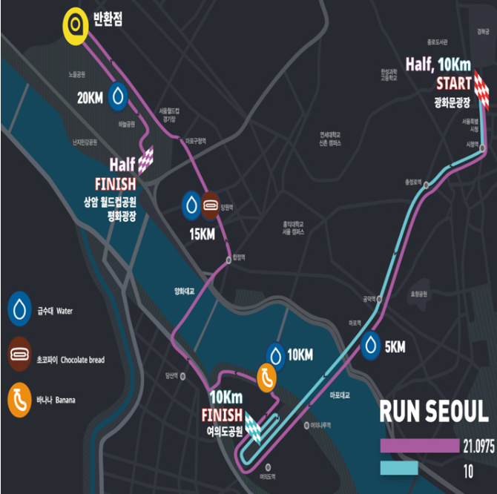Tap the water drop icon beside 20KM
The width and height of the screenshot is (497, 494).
[x=119, y=96]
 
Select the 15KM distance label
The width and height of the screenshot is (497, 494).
[x=202, y=234]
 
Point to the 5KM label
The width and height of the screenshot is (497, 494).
[x=395, y=346]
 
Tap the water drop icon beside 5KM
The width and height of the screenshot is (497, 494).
[x=372, y=345]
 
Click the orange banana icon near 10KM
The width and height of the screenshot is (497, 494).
[x=266, y=377]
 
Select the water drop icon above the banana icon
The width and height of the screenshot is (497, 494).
[x=276, y=355]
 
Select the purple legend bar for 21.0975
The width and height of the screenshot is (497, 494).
[x=419, y=445]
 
